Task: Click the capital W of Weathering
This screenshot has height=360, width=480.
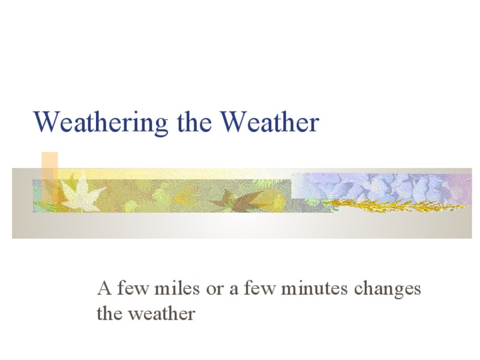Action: point(46,122)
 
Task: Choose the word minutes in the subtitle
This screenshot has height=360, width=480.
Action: point(315,289)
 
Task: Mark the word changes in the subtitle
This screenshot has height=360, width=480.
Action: point(388,290)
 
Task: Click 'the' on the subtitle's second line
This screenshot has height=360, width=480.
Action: point(110,313)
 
